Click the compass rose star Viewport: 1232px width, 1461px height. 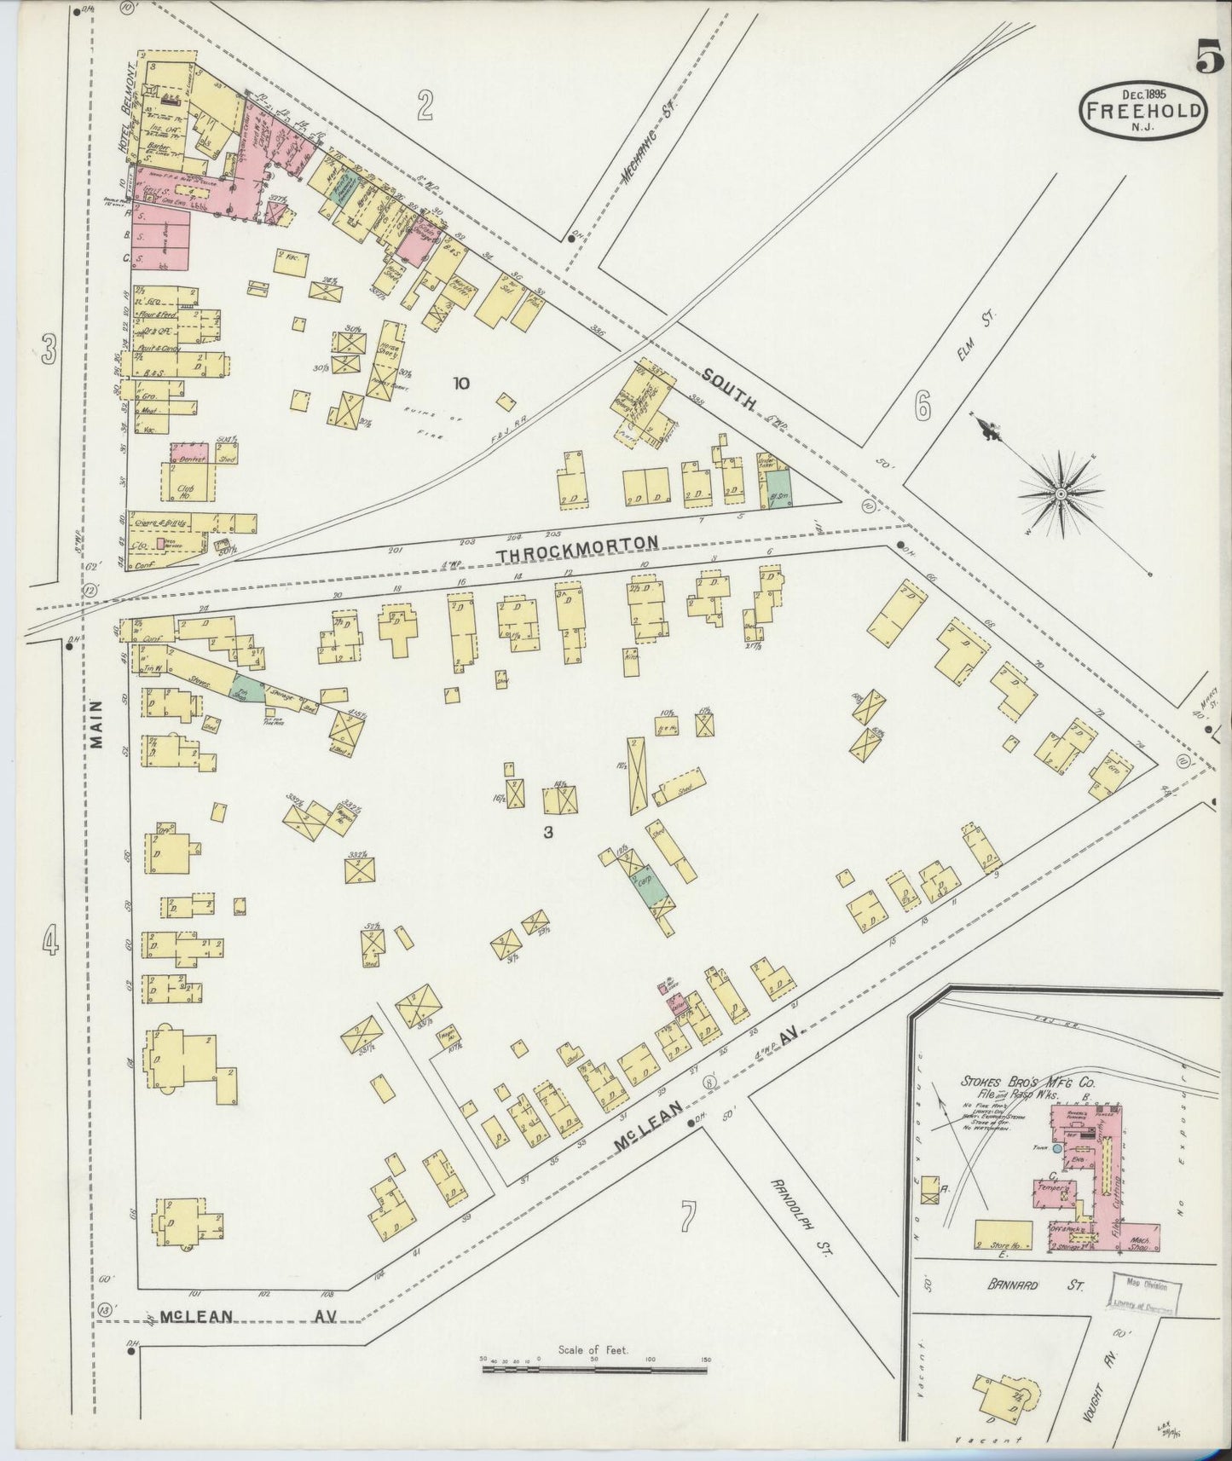click(1060, 493)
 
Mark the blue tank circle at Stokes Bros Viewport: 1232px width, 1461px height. click(1057, 1149)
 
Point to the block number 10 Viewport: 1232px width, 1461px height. click(461, 384)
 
